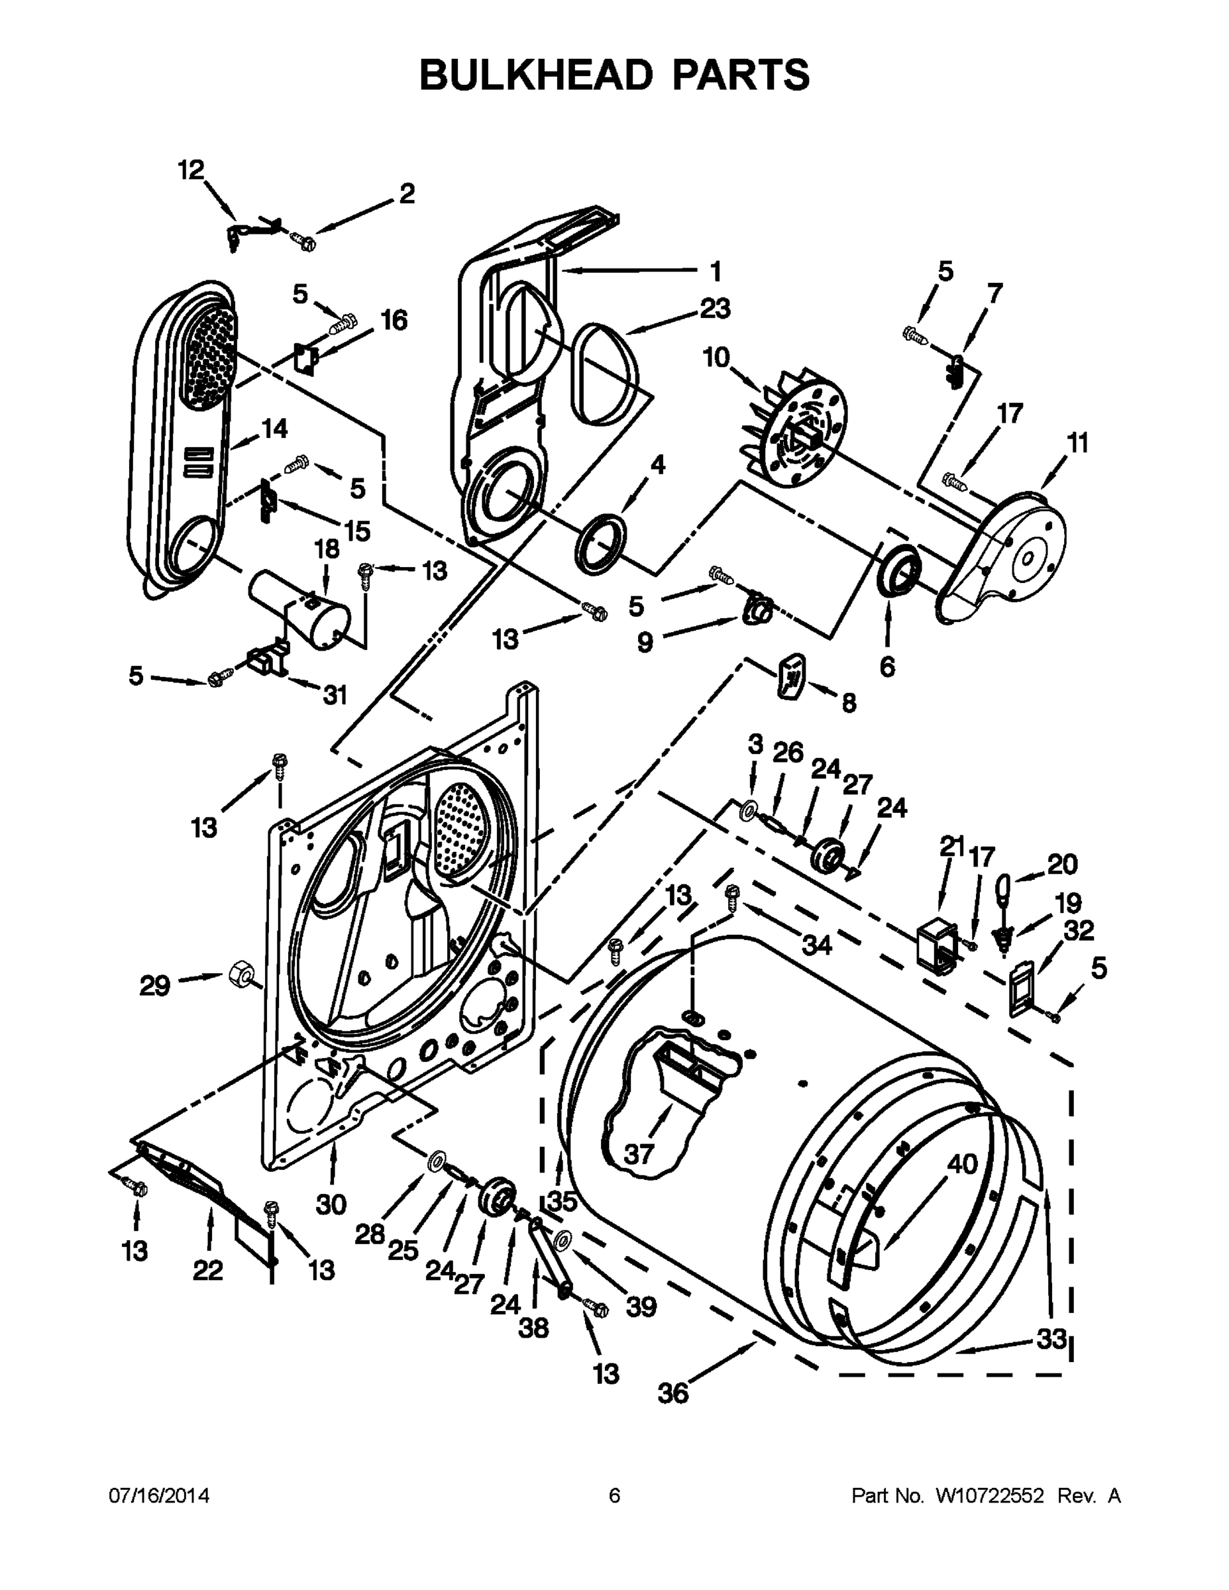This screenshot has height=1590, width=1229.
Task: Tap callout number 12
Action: pyautogui.click(x=191, y=170)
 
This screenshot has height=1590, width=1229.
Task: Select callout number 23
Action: pyautogui.click(x=714, y=309)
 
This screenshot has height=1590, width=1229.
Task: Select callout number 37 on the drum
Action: pyautogui.click(x=639, y=1154)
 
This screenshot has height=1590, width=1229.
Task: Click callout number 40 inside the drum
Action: pyautogui.click(x=962, y=1164)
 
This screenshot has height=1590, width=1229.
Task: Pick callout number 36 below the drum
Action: pyautogui.click(x=672, y=1393)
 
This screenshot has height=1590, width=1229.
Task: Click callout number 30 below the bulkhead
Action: pyautogui.click(x=331, y=1205)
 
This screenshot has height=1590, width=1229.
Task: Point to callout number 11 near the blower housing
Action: pyautogui.click(x=1077, y=443)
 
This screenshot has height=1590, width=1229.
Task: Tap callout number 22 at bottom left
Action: pyautogui.click(x=207, y=1271)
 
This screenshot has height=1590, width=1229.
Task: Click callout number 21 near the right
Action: pyautogui.click(x=950, y=847)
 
